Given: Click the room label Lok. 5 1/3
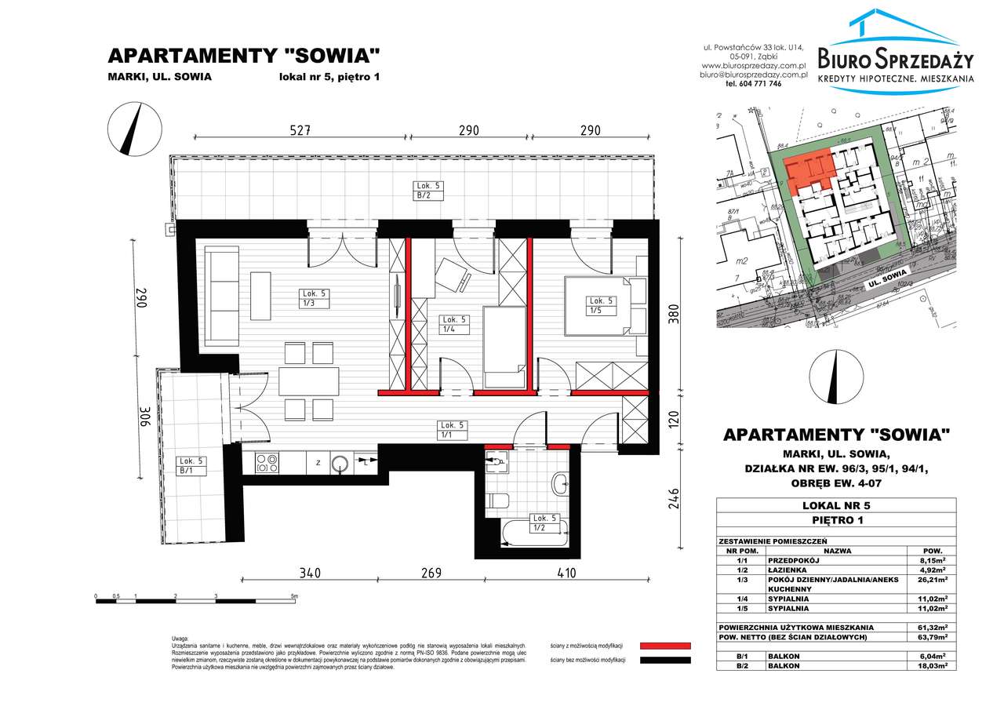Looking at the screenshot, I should click(x=314, y=298).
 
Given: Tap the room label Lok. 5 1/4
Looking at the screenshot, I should click(x=455, y=324).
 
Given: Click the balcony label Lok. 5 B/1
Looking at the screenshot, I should click(x=191, y=466).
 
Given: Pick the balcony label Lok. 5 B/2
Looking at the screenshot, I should click(x=430, y=191).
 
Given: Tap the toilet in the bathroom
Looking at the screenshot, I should click(x=499, y=499).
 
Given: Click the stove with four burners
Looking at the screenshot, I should click(x=267, y=464).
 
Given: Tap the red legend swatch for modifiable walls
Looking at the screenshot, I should click(x=665, y=645).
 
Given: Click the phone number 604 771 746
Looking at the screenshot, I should click(x=753, y=84).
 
